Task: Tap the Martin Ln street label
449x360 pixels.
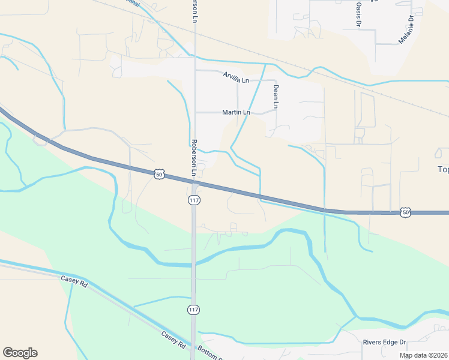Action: coord(236,112)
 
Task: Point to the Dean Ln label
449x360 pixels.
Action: coord(276,96)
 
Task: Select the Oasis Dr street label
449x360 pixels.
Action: coord(358,13)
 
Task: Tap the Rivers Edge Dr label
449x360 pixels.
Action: coord(384,342)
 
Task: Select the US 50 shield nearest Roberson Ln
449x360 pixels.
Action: coord(158,174)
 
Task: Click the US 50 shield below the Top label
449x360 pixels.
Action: coord(406,212)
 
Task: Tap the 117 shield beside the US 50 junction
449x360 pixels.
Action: coord(194,200)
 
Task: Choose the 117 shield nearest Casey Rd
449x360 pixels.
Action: coord(193,310)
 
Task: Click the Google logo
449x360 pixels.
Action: coord(20,353)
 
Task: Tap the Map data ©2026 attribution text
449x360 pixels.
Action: coord(423,355)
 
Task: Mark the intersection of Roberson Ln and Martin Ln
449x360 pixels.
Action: coord(194,112)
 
